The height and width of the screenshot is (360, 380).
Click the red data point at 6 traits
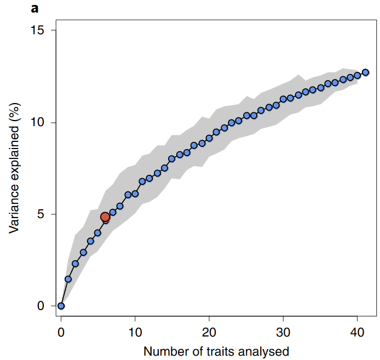click(x=105, y=217)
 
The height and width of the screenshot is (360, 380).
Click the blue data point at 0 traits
click(x=61, y=306)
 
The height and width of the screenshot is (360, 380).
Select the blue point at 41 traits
click(x=365, y=72)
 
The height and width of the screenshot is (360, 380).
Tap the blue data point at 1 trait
click(x=68, y=279)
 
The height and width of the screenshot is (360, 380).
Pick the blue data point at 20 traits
click(x=209, y=138)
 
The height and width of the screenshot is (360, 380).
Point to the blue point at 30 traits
click(x=284, y=99)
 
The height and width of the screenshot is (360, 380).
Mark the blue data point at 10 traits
click(x=135, y=193)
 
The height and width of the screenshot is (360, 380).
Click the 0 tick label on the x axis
click(x=61, y=333)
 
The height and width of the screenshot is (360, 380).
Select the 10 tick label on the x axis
click(x=135, y=333)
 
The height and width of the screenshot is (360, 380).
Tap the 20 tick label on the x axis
click(x=209, y=333)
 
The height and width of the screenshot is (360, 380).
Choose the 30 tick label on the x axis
click(x=283, y=333)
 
